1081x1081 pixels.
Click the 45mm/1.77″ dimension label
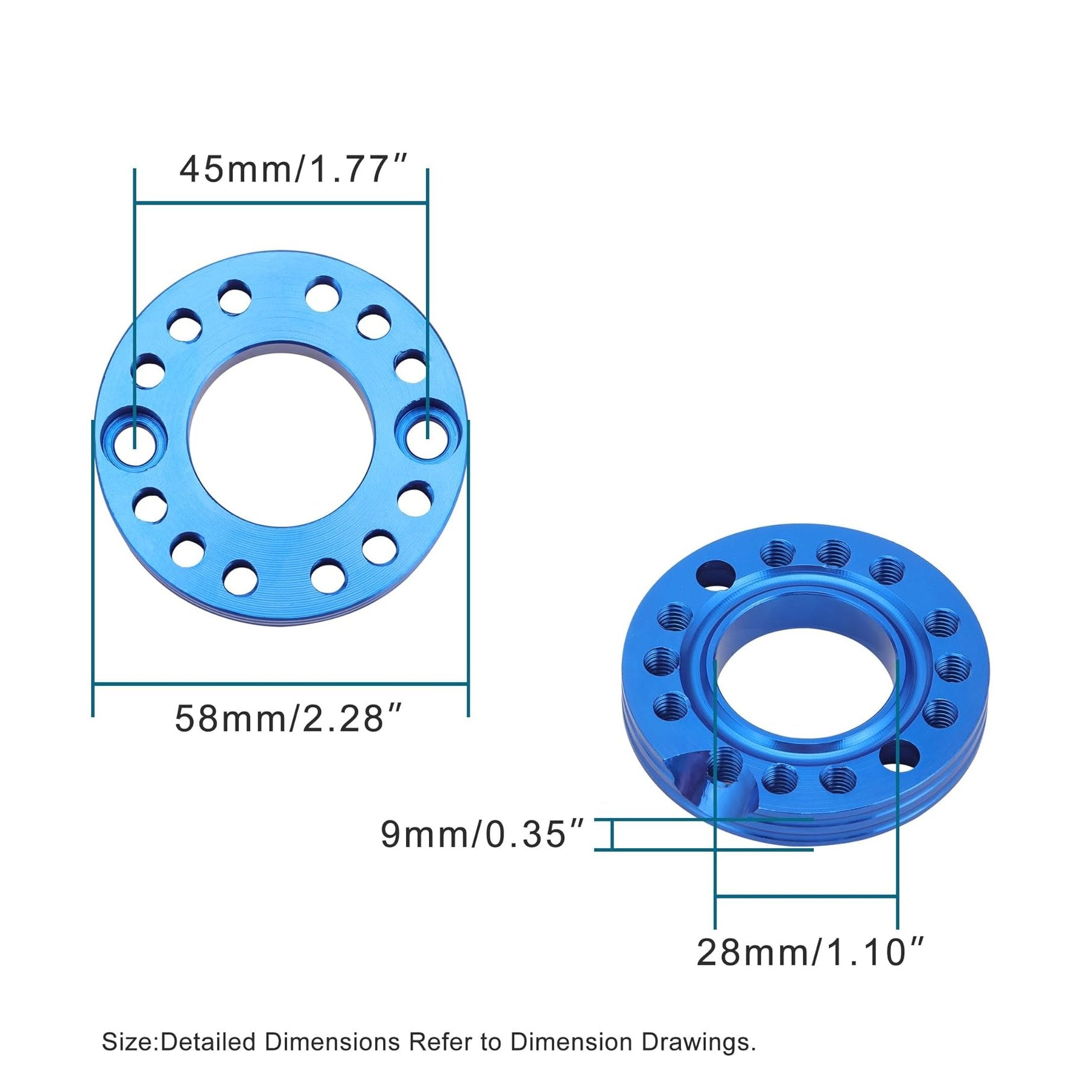[294, 170]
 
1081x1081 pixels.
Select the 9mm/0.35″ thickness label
[483, 834]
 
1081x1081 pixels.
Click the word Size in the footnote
[128, 1042]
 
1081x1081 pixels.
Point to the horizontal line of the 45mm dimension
[281, 204]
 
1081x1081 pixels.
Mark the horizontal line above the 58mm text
[281, 683]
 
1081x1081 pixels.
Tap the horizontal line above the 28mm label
[806, 913]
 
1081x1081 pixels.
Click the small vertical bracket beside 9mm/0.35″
[612, 835]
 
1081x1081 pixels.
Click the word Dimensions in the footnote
[332, 1042]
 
